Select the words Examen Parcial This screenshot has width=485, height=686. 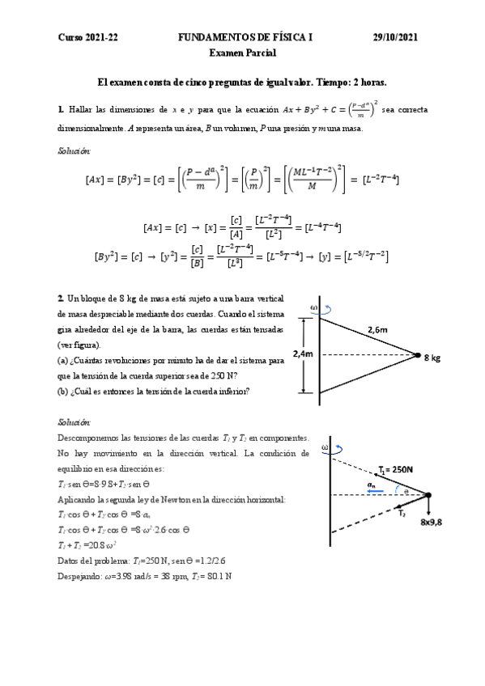[x=242, y=53]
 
